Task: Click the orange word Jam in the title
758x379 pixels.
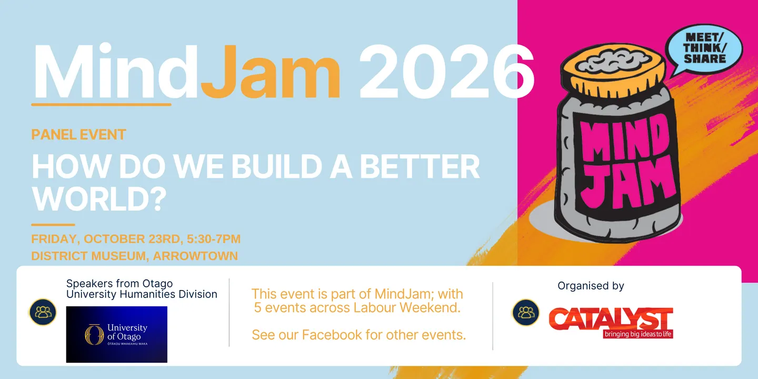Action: pos(270,72)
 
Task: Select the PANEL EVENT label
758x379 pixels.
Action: pos(78,135)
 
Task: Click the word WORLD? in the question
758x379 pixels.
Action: pos(99,198)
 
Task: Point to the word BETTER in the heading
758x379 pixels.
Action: pos(420,166)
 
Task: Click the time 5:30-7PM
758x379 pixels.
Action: pos(214,239)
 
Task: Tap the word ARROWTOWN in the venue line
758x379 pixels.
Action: pos(195,256)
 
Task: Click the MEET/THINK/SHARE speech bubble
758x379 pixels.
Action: pos(703,49)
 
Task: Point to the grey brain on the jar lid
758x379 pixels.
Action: pos(613,60)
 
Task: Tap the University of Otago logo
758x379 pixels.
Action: pos(117,334)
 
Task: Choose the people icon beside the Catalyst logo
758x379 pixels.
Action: pos(525,312)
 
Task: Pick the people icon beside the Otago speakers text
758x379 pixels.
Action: pos(43,312)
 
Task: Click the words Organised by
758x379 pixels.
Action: pos(591,286)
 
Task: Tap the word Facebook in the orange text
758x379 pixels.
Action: pos(332,335)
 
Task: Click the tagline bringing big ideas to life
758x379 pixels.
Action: pos(638,334)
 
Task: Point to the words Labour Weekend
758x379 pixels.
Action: pos(407,307)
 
